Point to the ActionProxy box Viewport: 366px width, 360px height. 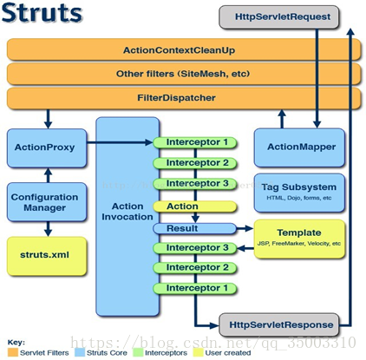point(45,148)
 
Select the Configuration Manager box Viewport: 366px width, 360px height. point(45,202)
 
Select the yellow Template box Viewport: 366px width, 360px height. point(298,237)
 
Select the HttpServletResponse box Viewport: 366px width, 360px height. point(277,325)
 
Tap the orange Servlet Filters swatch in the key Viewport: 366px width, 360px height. point(11,352)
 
